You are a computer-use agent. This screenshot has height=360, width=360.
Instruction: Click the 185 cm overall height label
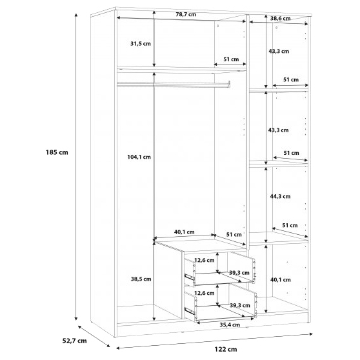click(x=57, y=152)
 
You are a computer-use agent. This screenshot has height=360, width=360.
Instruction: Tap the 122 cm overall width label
click(x=226, y=349)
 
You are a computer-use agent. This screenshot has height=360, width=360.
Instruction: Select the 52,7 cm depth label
click(x=75, y=341)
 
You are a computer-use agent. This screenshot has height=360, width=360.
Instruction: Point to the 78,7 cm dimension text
click(x=186, y=14)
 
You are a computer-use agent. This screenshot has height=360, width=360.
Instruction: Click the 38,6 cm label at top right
click(x=280, y=19)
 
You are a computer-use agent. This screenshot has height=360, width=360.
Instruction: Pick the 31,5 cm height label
click(x=141, y=43)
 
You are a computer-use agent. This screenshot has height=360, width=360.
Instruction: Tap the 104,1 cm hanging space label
click(x=139, y=157)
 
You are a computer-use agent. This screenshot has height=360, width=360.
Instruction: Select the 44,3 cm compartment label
click(x=280, y=196)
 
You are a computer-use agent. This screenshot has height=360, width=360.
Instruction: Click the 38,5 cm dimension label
click(x=141, y=279)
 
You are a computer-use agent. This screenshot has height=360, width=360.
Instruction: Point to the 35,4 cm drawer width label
click(x=230, y=325)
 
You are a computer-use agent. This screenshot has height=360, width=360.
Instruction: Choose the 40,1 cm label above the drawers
click(x=184, y=232)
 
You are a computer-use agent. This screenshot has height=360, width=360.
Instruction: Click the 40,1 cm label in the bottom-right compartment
click(x=281, y=279)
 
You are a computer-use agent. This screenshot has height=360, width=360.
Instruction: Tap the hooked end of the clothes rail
click(x=229, y=84)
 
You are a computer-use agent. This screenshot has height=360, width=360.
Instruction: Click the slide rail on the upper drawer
click(x=190, y=277)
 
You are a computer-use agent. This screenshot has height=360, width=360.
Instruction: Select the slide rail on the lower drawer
click(x=190, y=312)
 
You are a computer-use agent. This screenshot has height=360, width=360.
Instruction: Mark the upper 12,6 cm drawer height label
click(x=205, y=260)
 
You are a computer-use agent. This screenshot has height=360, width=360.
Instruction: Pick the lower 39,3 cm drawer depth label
click(x=240, y=306)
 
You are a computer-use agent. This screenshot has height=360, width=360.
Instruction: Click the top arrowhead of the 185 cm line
click(x=76, y=15)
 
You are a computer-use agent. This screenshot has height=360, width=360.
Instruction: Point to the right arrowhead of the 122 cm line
click(x=311, y=334)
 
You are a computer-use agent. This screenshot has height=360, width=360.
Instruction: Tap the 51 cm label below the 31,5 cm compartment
click(x=231, y=59)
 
